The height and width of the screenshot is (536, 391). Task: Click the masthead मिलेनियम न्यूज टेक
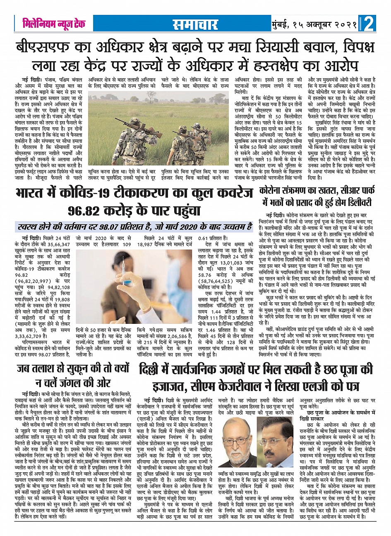tap(54, 24)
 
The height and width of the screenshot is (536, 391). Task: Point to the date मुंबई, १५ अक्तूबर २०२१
tap(315, 25)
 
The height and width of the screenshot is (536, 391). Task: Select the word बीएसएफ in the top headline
tap(41, 47)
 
